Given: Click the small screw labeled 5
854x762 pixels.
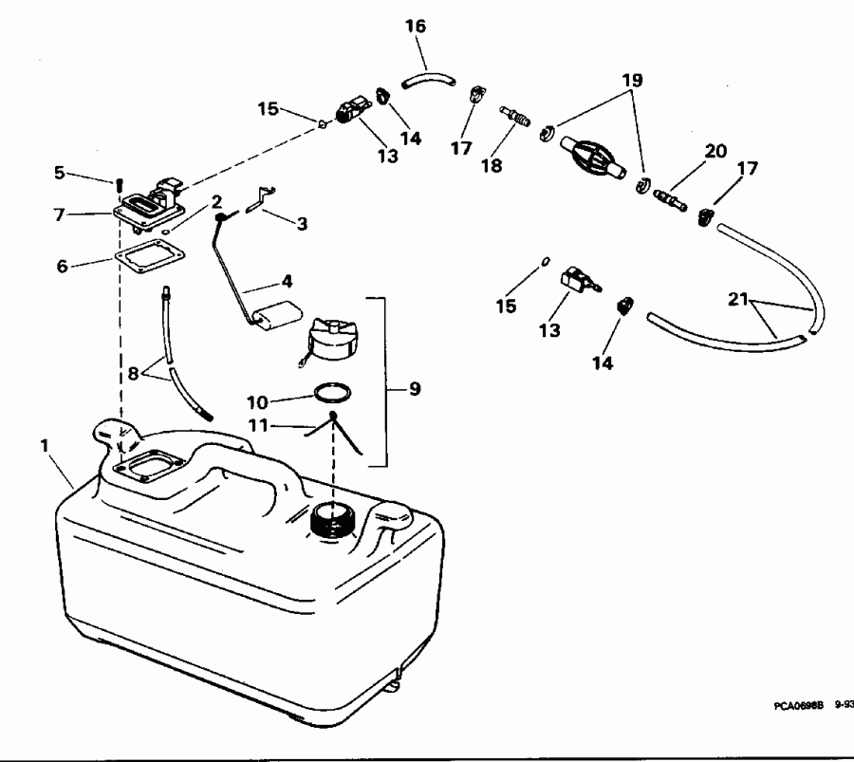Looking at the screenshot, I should [121, 183].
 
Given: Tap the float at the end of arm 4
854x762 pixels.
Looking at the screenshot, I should [276, 314].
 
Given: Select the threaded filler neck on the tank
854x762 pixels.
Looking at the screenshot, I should [334, 520].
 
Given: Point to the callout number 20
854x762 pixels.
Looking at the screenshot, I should [715, 152].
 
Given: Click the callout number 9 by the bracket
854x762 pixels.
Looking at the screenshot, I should [415, 389].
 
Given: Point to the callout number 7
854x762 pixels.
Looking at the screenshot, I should [59, 214].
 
